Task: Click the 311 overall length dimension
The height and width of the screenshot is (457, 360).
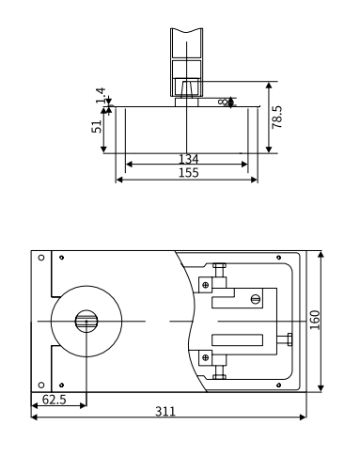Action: [165, 411]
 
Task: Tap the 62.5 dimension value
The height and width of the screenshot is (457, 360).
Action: [55, 400]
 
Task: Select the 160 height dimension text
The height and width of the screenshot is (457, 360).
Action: [315, 320]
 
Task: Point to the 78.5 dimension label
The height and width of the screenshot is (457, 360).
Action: [277, 117]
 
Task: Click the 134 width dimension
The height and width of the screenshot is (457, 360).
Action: [188, 159]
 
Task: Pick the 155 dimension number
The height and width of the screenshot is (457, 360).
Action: [188, 173]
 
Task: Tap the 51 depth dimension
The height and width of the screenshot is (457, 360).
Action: [97, 127]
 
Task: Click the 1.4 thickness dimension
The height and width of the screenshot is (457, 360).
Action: [101, 95]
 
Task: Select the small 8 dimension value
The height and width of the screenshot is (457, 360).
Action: [222, 102]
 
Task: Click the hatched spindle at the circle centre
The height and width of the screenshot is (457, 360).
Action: [86, 321]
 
